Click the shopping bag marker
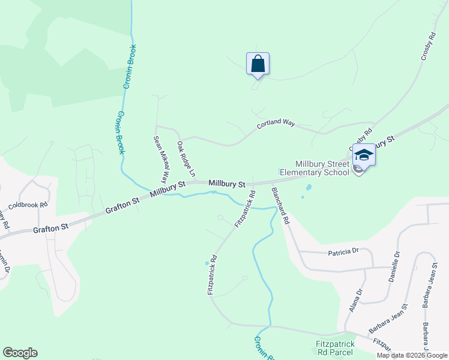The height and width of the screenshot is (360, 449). click(258, 64)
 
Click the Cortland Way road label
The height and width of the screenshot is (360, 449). click(276, 124)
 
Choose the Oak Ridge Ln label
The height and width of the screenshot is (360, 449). click(186, 159)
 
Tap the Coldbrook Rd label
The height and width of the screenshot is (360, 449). click(28, 205)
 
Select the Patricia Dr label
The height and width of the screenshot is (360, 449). click(343, 253)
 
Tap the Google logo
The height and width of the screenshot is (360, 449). click(20, 353)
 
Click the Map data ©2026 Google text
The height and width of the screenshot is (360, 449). click(412, 355)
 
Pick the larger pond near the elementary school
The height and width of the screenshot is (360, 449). click(309, 187)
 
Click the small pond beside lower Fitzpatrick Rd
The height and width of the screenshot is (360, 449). click(207, 263)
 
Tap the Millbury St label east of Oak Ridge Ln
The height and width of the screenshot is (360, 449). click(228, 183)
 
